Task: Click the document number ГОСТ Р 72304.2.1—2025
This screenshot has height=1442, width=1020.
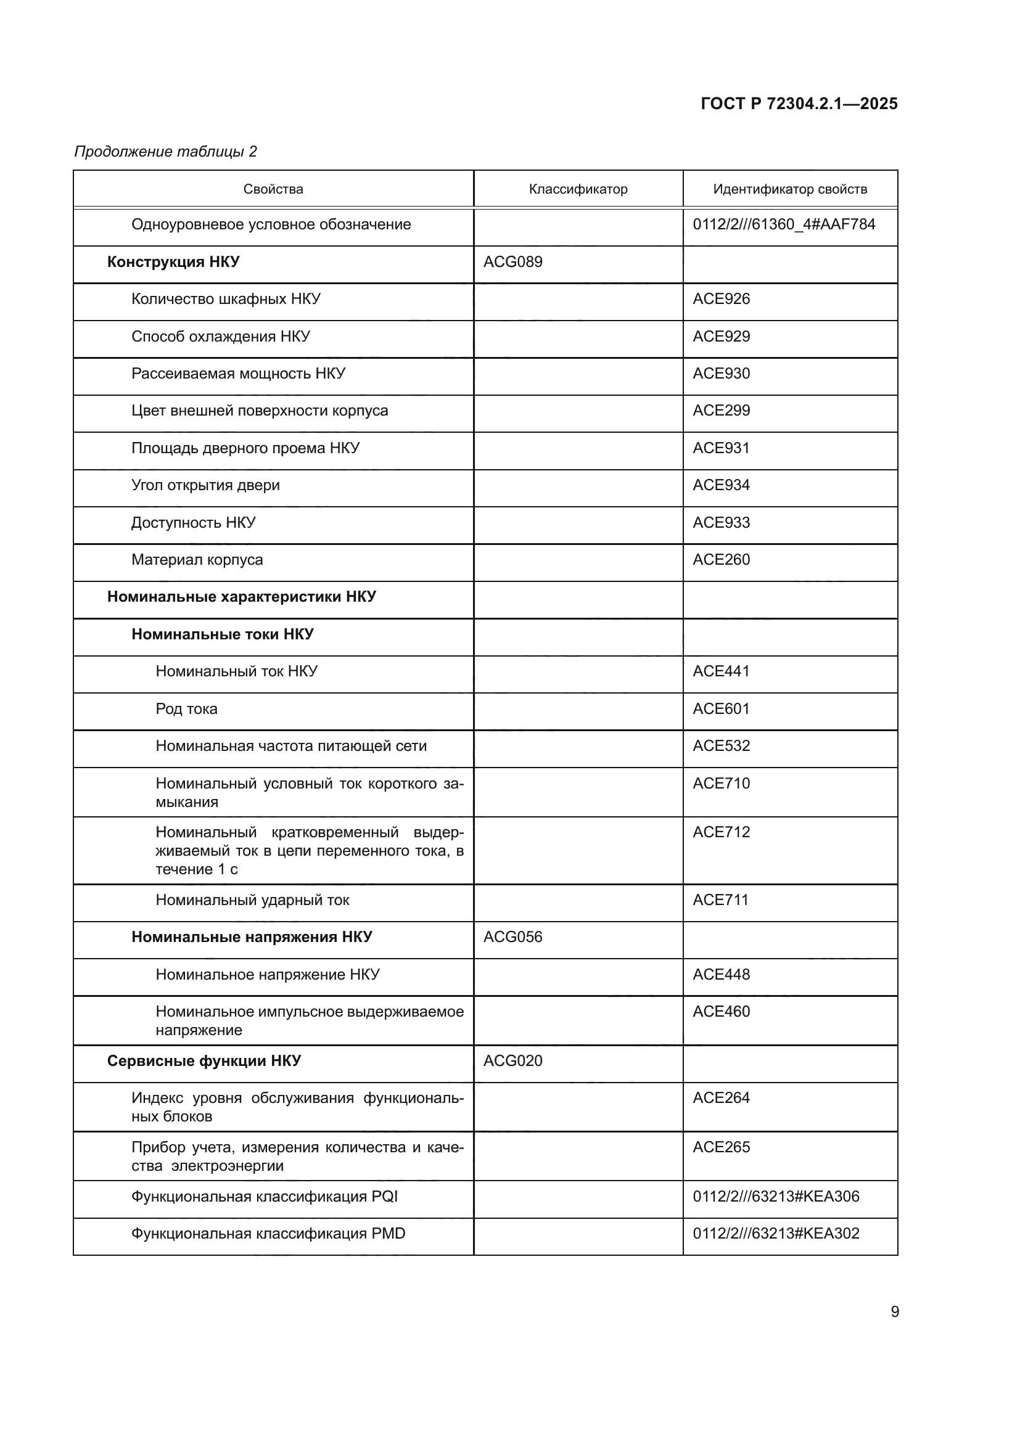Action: tap(799, 104)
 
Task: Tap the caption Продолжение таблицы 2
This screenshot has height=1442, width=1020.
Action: tap(166, 152)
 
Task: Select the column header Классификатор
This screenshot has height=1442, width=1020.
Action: tap(578, 189)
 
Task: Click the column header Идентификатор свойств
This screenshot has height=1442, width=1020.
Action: tap(789, 189)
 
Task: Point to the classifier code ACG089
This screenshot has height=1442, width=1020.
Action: tap(512, 262)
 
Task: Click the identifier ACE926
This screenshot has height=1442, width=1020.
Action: tap(721, 299)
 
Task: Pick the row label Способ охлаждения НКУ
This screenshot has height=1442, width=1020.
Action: tap(220, 337)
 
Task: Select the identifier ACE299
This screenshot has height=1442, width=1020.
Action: tap(721, 411)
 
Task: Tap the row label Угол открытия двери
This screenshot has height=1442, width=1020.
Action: tap(205, 485)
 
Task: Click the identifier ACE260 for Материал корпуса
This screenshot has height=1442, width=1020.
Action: tap(721, 560)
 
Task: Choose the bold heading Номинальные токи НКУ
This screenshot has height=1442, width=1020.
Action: tap(223, 634)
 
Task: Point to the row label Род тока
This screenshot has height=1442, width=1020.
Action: tap(186, 709)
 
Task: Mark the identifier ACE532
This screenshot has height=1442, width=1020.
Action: tap(721, 746)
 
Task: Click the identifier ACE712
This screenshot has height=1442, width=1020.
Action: tap(721, 832)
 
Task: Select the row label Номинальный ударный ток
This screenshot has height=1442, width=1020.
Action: tap(252, 900)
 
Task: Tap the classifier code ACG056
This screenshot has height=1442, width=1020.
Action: tap(512, 937)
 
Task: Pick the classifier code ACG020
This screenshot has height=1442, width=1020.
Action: tap(512, 1061)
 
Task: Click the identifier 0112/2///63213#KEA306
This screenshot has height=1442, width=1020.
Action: tap(776, 1197)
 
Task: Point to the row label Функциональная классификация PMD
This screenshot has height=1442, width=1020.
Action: tap(268, 1234)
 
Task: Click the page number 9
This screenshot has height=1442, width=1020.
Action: tap(894, 1312)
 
